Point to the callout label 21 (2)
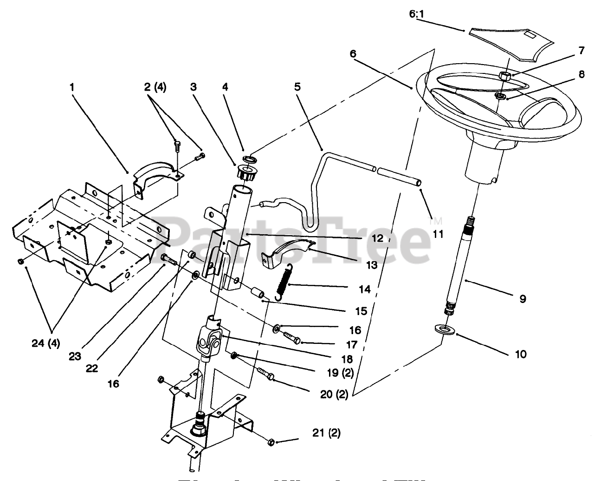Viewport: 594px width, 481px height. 326,433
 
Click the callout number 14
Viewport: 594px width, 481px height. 365,290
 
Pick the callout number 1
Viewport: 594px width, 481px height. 72,86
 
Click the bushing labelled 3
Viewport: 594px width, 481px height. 247,174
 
